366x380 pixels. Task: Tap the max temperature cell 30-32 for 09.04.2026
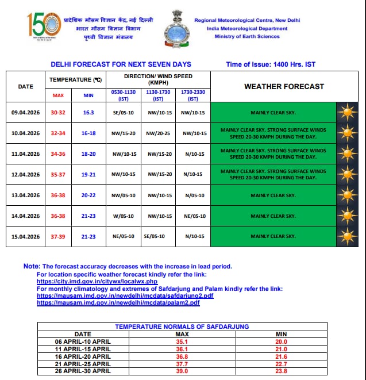59,112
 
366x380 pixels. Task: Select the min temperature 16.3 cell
88,112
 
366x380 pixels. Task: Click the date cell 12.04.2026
26,174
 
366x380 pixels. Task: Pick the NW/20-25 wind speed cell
159,133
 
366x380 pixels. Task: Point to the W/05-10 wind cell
122,216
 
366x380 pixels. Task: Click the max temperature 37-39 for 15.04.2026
59,236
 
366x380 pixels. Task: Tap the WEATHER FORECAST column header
284,86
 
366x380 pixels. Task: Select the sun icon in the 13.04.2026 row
346,195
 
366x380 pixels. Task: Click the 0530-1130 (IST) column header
122,94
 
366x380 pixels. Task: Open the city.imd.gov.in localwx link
97,282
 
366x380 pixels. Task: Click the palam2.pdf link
118,302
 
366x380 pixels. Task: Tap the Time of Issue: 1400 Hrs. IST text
271,64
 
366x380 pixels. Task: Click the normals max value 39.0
182,370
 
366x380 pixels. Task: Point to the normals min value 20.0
281,341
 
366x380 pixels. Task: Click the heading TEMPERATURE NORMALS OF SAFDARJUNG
182,327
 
